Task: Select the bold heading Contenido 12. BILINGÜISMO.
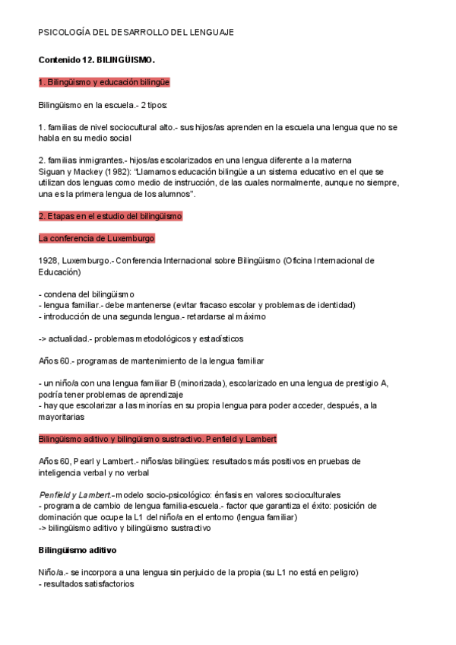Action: tap(97, 59)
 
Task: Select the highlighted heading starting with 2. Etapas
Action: tap(109, 216)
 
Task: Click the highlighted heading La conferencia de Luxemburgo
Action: tap(97, 238)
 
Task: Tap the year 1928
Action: tap(47, 260)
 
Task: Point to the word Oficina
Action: tap(299, 260)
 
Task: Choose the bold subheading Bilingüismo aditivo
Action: tap(77, 550)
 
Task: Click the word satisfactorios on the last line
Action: tap(103, 584)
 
